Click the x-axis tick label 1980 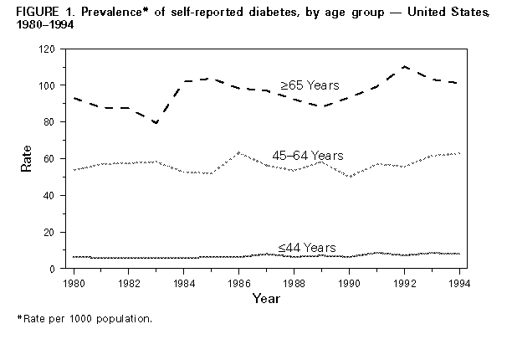coord(74,282)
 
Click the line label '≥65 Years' coord(309,85)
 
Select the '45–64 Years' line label coord(308,155)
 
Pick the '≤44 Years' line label coord(307,247)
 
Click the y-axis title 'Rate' coord(26,158)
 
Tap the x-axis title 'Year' coord(267,298)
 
